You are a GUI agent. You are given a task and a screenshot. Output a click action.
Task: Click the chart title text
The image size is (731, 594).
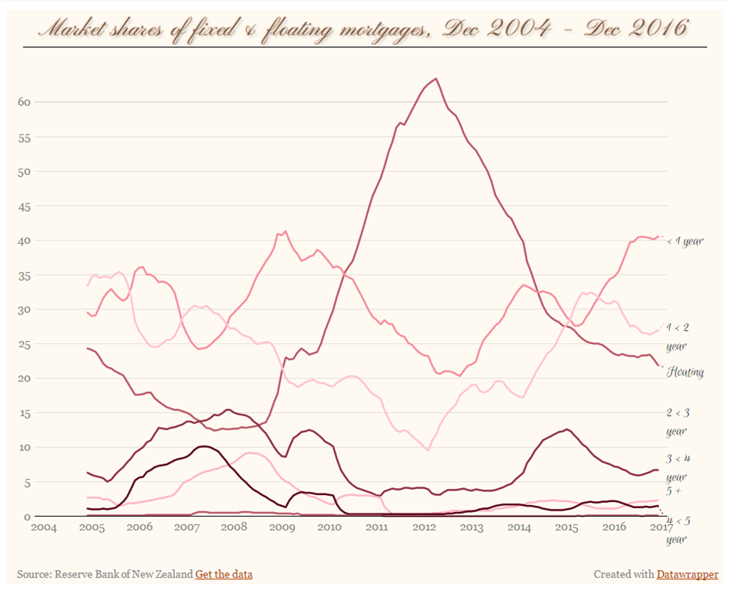tap(364, 29)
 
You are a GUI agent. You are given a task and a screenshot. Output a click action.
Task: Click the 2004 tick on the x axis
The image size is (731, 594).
tap(44, 527)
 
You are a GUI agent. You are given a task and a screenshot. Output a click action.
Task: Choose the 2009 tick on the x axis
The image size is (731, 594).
tap(282, 527)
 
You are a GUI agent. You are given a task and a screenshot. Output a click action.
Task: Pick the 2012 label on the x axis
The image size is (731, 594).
tap(425, 527)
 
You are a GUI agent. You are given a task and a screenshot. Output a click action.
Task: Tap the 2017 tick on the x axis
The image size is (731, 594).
tap(659, 527)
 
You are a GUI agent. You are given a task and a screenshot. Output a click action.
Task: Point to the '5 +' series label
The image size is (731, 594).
tap(675, 491)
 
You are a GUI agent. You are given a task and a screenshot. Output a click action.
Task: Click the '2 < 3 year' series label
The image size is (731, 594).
tap(678, 422)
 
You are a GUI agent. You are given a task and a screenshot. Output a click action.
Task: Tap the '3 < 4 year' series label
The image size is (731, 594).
tap(678, 467)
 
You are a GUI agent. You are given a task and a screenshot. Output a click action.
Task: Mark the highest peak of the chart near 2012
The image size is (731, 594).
tap(436, 79)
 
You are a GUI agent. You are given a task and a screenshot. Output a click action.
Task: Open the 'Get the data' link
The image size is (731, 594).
tap(224, 574)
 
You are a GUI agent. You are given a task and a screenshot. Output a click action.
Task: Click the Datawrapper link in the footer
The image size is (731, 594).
tap(687, 574)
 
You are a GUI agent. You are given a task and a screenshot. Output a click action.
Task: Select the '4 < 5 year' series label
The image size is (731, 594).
tap(678, 530)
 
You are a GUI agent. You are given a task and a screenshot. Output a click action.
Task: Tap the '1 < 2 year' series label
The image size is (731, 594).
tap(678, 336)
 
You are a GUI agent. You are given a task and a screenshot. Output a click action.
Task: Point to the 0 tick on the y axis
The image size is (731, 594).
tap(28, 516)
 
